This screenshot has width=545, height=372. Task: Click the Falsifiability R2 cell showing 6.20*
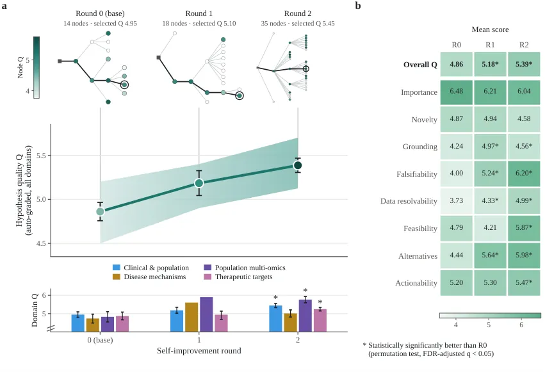pos(524,174)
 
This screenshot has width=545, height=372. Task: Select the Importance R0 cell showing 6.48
pos(457,92)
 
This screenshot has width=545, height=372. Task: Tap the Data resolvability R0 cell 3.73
pos(457,201)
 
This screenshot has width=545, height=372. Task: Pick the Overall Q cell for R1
pos(490,64)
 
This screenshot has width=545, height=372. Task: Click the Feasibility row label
pos(420,229)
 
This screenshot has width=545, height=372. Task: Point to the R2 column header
pos(524,45)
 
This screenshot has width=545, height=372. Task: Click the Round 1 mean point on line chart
pos(199,183)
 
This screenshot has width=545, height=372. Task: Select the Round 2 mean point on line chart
pos(298,165)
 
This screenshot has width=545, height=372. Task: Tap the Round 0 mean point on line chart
pos(100,211)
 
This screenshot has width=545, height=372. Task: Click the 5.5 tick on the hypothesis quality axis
pos(41,156)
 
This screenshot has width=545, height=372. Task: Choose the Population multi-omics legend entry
pos(245,268)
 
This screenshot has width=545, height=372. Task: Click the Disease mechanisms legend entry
pos(149,277)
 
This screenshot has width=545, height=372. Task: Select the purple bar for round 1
pos(206,314)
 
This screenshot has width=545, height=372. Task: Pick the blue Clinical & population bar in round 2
pos(275,318)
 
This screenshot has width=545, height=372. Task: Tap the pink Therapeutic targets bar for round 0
pos(122,324)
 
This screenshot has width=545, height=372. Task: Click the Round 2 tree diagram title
pos(298,13)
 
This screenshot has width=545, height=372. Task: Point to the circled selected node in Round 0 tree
pos(124,85)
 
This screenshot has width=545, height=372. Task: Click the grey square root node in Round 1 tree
pos(158,58)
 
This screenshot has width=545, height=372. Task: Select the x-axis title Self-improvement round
pos(199,350)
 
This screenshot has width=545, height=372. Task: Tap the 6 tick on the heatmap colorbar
pos(521,325)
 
